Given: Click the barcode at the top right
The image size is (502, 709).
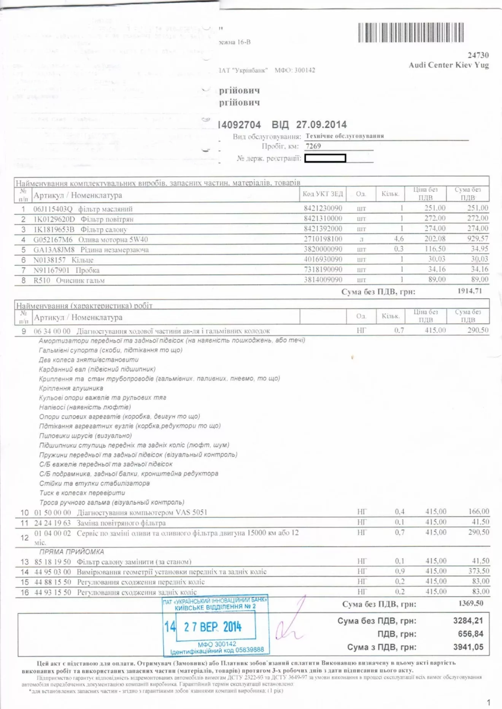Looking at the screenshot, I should tap(411, 32).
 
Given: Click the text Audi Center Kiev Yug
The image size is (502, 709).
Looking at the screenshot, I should tap(449, 65).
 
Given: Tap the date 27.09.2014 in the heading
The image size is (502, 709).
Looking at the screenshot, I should tap(321, 125).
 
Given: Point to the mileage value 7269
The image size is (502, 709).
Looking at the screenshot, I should tap(313, 146).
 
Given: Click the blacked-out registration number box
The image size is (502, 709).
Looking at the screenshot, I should tap(325, 158).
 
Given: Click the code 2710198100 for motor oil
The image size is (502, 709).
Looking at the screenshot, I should tap(323, 239).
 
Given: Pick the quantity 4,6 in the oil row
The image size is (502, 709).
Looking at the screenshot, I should tap(399, 239).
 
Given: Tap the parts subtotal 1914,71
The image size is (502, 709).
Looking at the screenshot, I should tap(469, 291).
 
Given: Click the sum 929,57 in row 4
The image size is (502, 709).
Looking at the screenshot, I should tap(478, 239).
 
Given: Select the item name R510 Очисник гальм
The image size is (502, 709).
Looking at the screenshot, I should tap(69, 280).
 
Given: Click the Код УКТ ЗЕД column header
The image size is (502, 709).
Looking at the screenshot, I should tap(322, 194).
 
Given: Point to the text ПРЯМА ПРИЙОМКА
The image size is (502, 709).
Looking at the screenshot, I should tap(71, 552).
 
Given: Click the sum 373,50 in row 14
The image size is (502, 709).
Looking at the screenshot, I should tap(479, 571).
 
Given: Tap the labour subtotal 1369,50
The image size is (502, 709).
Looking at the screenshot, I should tap(470, 603).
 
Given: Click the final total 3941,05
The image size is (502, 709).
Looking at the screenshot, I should tap(468, 647).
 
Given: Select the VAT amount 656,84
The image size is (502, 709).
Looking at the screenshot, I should tap(470, 634).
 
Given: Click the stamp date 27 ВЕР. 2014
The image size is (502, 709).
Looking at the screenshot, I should tap(213, 627).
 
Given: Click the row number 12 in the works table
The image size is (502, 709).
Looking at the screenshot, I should tap(24, 538).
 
